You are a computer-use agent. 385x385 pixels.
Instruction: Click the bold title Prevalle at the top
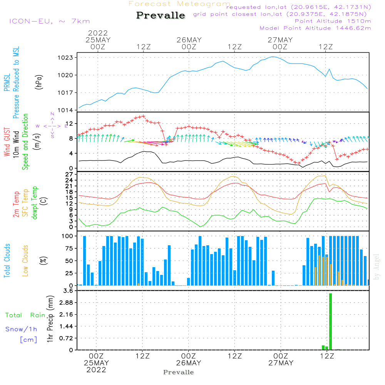pyautogui.click(x=161, y=16)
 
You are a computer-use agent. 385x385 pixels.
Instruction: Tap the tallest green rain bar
pyautogui.click(x=330, y=321)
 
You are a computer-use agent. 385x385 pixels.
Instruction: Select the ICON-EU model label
pyautogui.click(x=49, y=21)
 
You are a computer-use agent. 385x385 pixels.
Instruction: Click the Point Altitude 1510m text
pyautogui.click(x=333, y=21)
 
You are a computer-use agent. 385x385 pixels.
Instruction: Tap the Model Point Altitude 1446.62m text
pyautogui.click(x=315, y=28)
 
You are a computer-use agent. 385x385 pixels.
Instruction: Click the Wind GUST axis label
pyautogui.click(x=7, y=142)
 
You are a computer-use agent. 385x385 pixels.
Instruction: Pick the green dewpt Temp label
pyautogui.click(x=35, y=203)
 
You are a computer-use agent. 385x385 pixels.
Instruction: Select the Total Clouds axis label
pyautogui.click(x=7, y=261)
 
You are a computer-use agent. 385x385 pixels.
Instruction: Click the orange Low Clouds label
pyautogui.click(x=25, y=261)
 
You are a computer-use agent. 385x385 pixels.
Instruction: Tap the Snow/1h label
pyautogui.click(x=21, y=329)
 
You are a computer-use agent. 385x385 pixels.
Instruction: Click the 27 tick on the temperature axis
pyautogui.click(x=70, y=174)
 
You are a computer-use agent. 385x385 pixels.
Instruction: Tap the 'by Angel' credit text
pyautogui.click(x=377, y=266)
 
